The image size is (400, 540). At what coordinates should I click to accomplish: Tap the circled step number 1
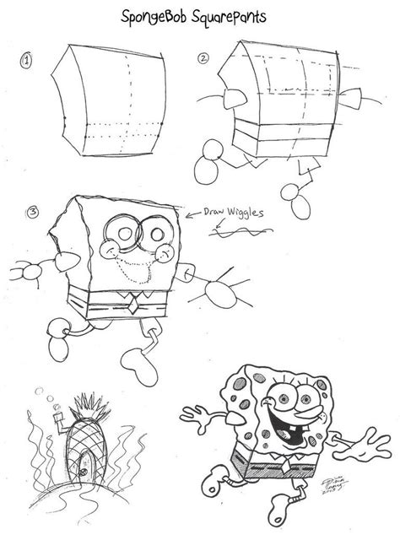pyautogui.click(x=27, y=60)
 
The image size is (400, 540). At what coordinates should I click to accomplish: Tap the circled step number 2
pyautogui.click(x=203, y=58)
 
